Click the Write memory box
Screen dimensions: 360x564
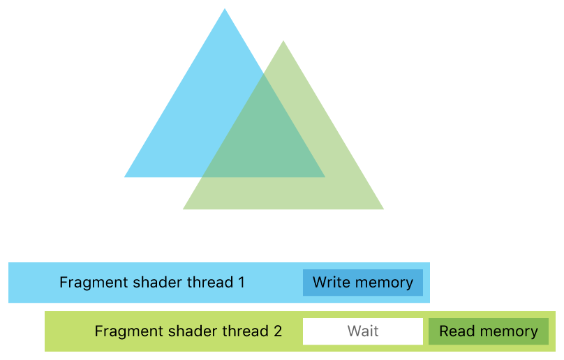point(363,283)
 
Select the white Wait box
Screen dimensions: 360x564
point(363,331)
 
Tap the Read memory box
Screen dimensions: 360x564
point(489,331)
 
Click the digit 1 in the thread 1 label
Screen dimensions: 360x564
point(241,283)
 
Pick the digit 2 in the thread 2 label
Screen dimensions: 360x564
point(277,331)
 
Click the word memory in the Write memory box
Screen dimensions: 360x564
point(383,283)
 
